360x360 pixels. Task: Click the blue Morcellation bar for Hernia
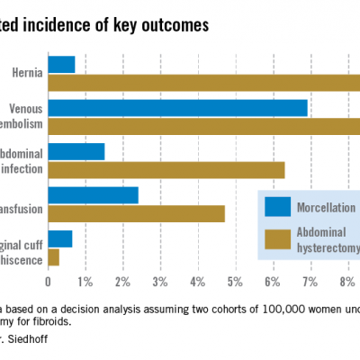pos(61,64)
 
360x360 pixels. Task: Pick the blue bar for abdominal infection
pos(76,151)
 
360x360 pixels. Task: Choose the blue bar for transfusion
pos(93,194)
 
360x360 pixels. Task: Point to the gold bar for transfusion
pos(136,212)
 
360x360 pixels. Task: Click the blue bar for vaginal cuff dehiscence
pos(59,238)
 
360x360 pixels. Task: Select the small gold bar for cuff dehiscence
pos(53,256)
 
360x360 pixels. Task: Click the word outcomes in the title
pos(174,25)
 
